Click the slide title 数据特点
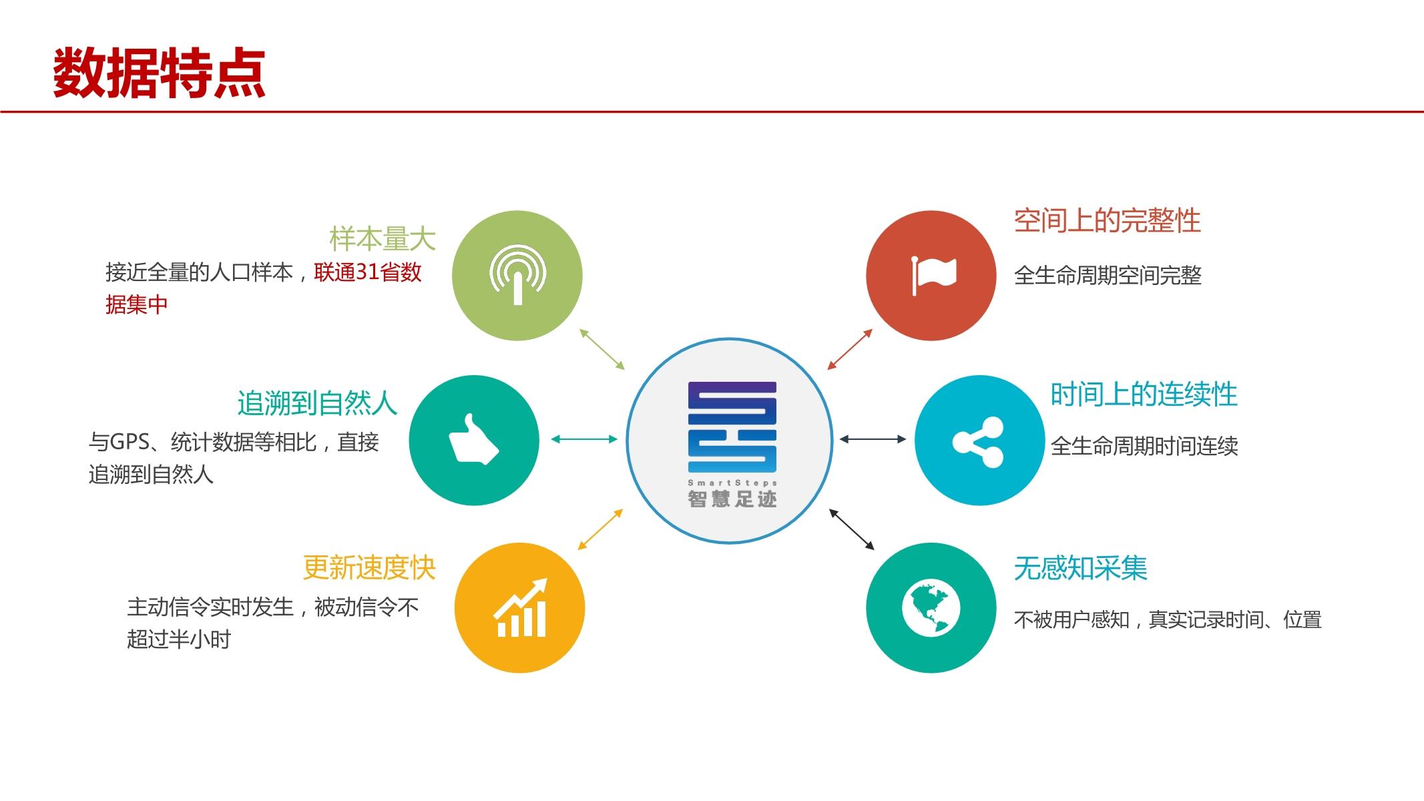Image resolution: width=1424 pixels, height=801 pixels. (x=159, y=73)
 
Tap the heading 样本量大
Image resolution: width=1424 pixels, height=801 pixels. (x=382, y=239)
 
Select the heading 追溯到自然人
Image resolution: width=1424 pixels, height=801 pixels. (x=317, y=403)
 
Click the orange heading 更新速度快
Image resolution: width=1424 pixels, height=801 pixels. (x=369, y=568)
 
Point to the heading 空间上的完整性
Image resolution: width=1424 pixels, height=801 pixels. (x=1107, y=221)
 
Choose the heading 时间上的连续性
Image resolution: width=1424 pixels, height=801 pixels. (x=1144, y=394)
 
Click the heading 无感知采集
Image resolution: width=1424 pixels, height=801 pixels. (x=1080, y=569)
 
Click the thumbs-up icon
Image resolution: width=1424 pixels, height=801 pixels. (x=473, y=440)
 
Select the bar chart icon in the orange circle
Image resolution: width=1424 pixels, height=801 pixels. (x=520, y=608)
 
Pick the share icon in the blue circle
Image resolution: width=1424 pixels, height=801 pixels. (x=978, y=441)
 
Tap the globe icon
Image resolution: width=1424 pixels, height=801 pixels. (x=931, y=608)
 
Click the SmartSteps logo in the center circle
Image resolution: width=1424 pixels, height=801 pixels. (x=732, y=427)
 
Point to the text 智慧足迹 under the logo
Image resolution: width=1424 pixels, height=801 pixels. (x=732, y=499)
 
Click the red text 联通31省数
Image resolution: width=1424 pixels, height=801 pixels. (x=368, y=272)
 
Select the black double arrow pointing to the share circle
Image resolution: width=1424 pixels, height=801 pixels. (x=873, y=439)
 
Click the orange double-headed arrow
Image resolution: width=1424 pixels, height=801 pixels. (x=600, y=529)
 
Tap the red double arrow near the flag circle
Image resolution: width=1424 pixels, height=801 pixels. (x=850, y=349)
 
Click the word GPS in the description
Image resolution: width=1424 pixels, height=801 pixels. (x=130, y=442)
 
